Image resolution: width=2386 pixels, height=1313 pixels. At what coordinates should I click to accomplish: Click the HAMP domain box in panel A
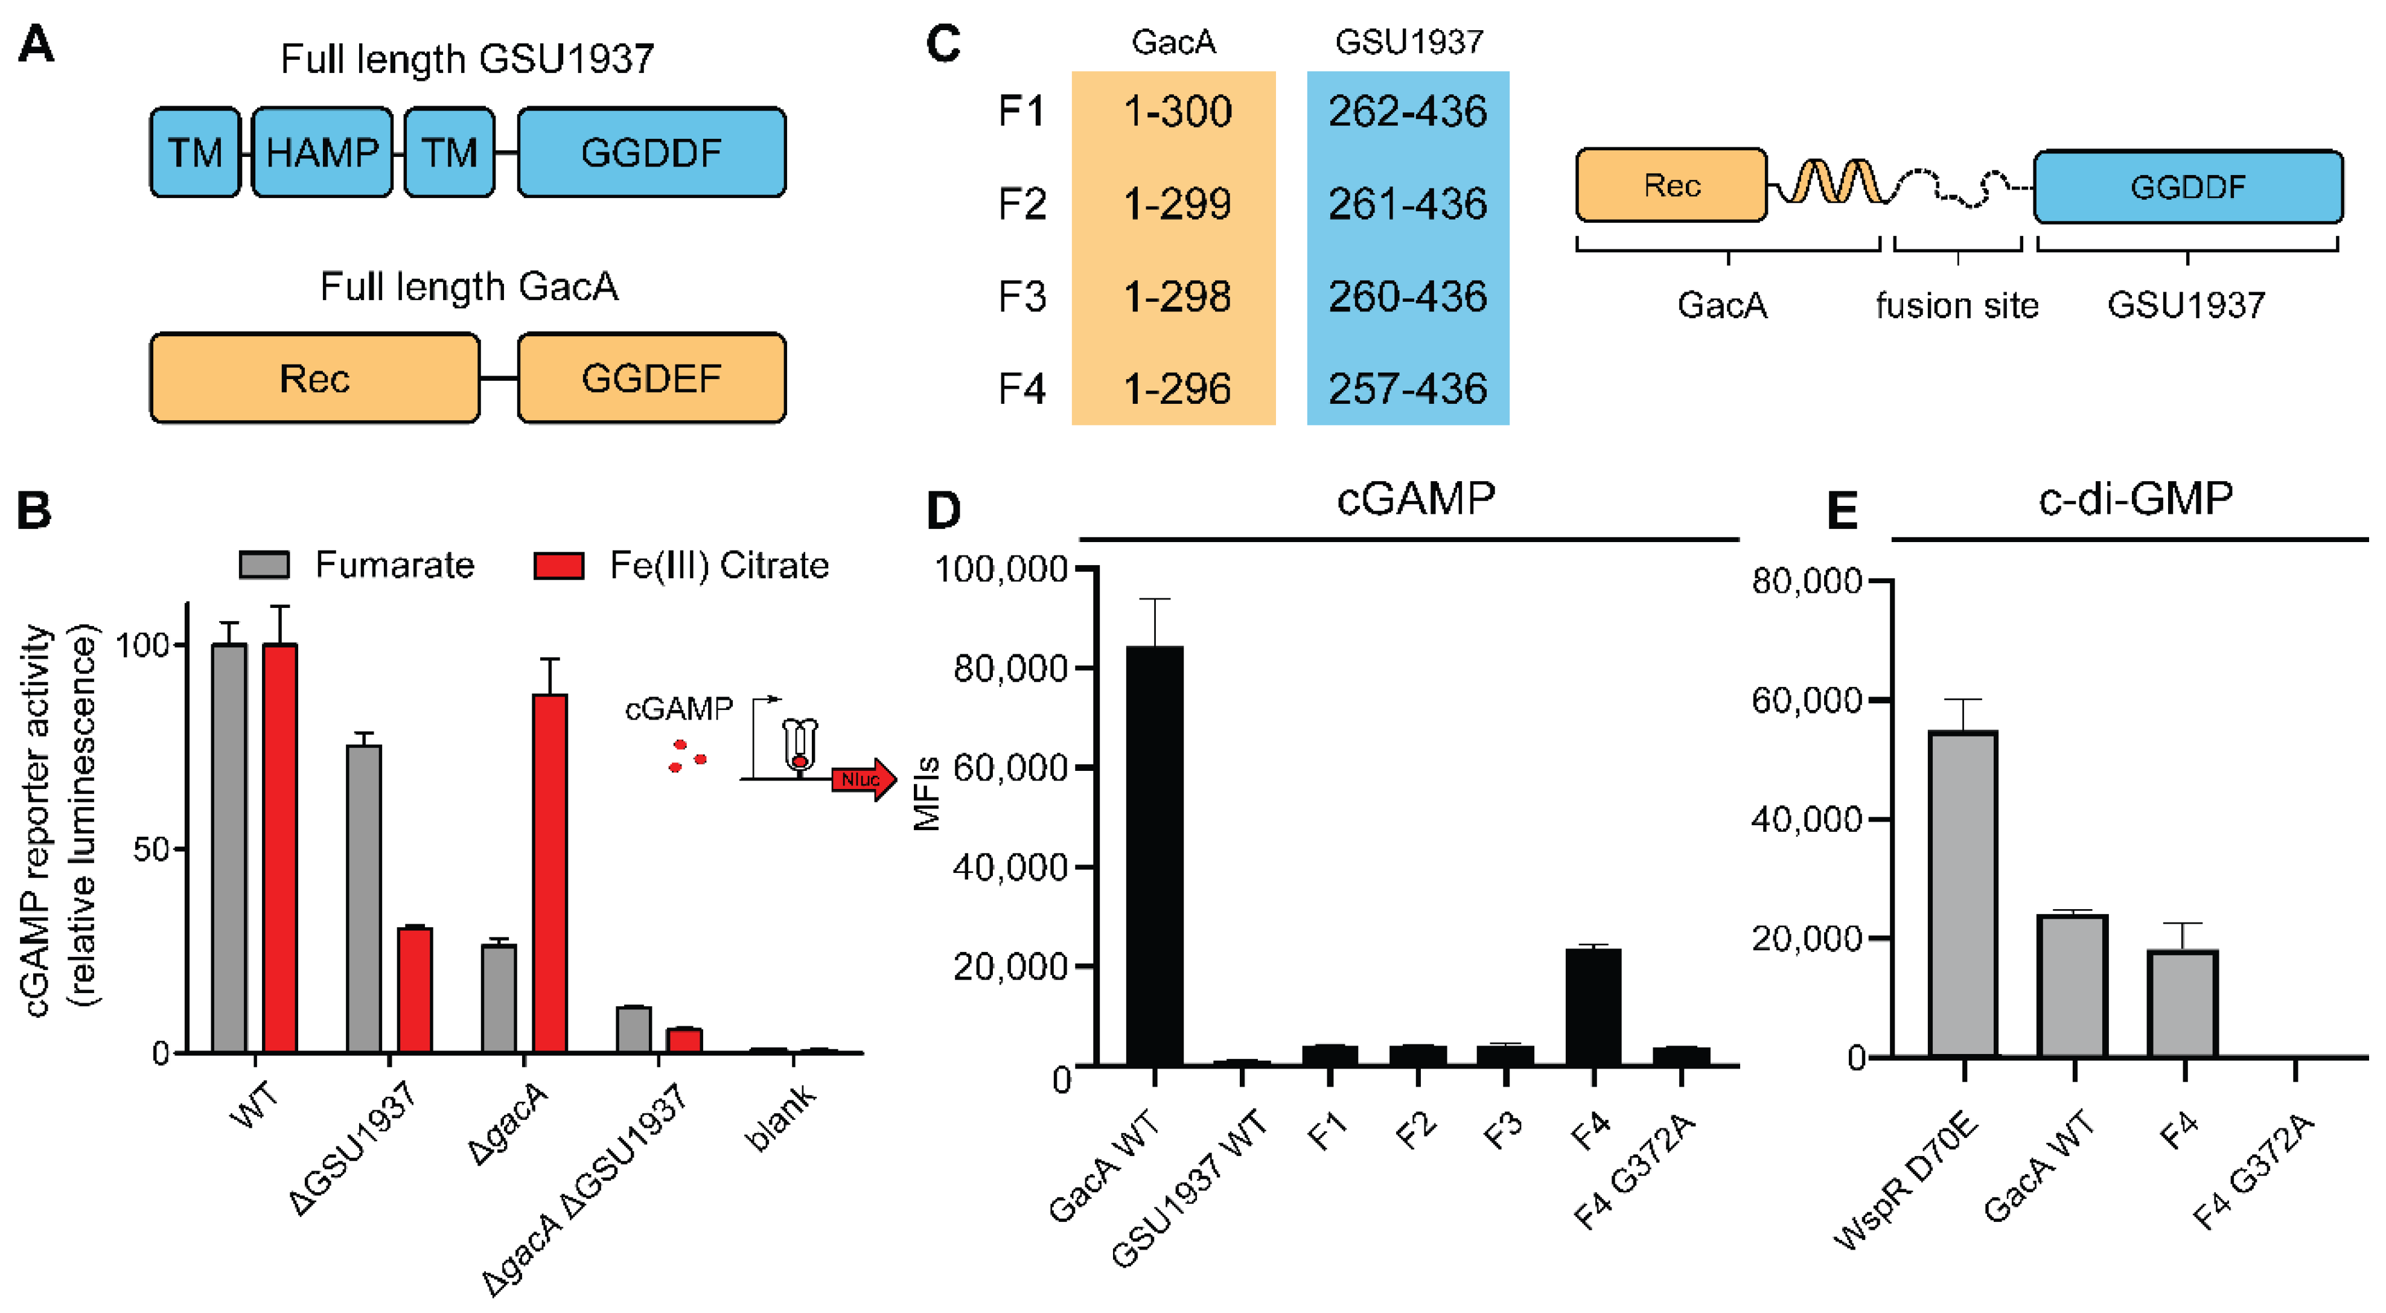coord(321,153)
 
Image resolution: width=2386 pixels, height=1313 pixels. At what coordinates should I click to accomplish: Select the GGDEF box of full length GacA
coord(651,378)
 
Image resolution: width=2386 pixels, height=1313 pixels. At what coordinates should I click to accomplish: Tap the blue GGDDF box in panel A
coord(651,153)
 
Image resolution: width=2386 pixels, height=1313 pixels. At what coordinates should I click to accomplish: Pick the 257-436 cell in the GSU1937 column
coord(1407,388)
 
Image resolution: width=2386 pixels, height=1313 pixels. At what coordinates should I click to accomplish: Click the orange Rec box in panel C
coord(1671,185)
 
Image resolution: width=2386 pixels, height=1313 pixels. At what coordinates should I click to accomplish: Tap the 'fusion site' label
coord(1956,305)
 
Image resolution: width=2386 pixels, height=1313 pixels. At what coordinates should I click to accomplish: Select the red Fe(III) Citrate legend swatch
coord(558,565)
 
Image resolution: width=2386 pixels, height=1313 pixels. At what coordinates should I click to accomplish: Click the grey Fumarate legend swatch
coord(264,565)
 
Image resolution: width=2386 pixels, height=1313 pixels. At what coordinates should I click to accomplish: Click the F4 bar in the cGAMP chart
coord(1593,1006)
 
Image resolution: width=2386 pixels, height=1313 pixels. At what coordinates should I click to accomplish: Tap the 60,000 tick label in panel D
coord(1010,768)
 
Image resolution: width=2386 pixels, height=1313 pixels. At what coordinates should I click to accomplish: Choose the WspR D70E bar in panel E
coord(1963,893)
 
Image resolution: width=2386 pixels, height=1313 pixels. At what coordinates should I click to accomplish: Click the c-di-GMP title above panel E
coord(2135,499)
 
